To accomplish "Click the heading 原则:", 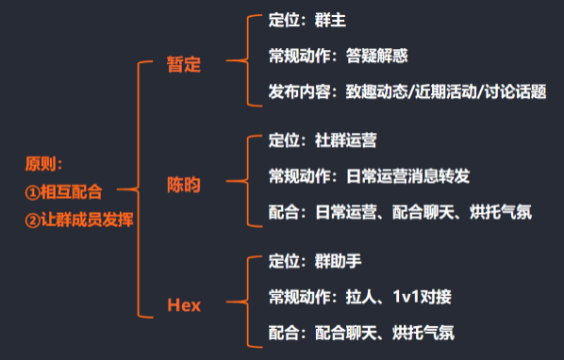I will [x=43, y=164].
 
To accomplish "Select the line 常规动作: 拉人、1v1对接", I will [x=359, y=297].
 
